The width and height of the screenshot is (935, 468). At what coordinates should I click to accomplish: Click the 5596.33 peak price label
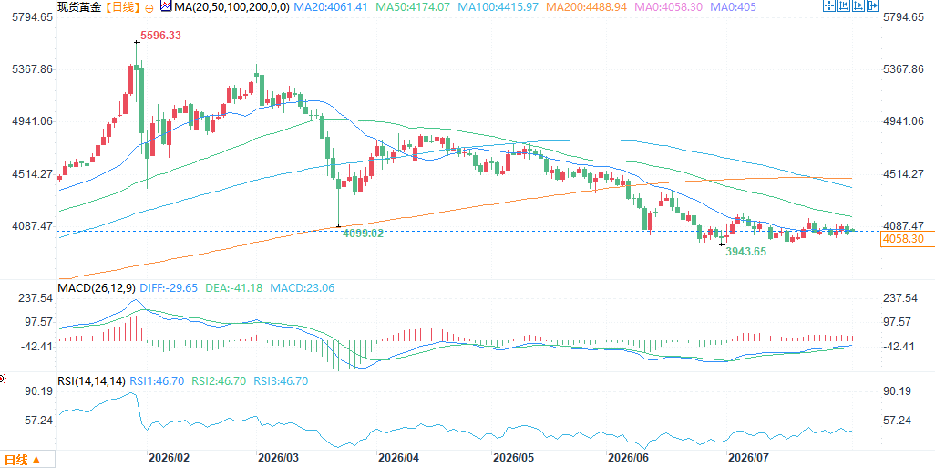coord(160,36)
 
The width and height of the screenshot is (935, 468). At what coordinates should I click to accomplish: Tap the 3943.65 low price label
coord(746,252)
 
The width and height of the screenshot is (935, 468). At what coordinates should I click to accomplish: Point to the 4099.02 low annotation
coord(363,234)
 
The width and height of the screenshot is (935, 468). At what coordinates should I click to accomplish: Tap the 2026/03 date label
coord(278,459)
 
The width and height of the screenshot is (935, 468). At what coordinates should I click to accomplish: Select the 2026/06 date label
coord(626,459)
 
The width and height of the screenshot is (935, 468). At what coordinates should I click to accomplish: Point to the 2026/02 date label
coord(169,459)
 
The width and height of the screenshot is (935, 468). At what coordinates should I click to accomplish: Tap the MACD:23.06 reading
coord(303,288)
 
